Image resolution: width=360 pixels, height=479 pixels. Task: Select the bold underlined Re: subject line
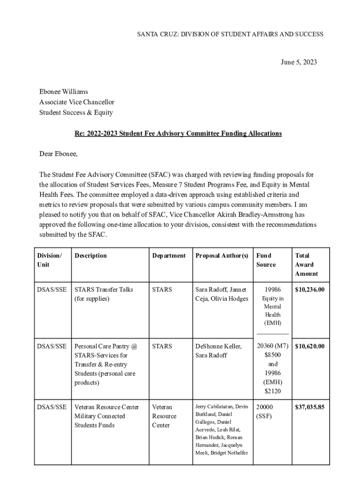click(x=178, y=133)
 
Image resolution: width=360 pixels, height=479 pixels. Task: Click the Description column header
click(x=91, y=255)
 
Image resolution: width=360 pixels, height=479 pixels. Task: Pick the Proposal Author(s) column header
click(x=222, y=255)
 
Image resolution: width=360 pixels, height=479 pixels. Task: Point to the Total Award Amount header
click(x=306, y=264)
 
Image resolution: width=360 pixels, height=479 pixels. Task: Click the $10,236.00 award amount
click(x=310, y=290)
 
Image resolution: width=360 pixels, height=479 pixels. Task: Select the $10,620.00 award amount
click(x=310, y=346)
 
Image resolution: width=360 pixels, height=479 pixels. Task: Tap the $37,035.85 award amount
click(x=310, y=407)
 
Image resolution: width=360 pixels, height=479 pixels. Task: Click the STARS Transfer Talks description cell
click(x=104, y=294)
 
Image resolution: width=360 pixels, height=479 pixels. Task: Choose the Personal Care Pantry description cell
click(x=106, y=364)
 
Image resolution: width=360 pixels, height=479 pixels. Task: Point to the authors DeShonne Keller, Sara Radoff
click(x=218, y=351)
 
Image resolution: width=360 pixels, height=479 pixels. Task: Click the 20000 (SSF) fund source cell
click(x=265, y=411)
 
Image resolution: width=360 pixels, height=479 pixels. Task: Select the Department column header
click(x=169, y=255)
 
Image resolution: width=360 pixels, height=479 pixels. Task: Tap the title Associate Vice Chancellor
click(x=77, y=102)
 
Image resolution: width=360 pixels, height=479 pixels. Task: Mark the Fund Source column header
click(x=266, y=260)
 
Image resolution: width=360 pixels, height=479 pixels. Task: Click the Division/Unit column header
click(x=49, y=260)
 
